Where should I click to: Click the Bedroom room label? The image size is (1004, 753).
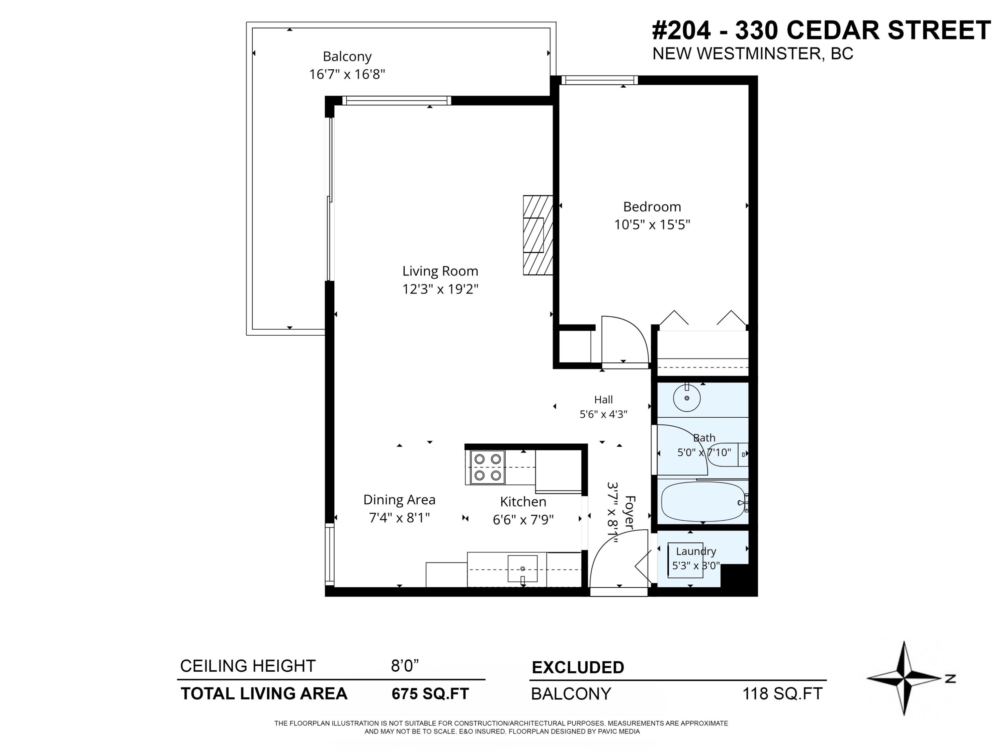pyautogui.click(x=652, y=207)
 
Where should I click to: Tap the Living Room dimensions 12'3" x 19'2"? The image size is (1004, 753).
pyautogui.click(x=440, y=289)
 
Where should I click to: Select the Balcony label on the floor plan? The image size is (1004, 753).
pyautogui.click(x=347, y=57)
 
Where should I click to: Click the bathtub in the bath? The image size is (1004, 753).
pyautogui.click(x=703, y=502)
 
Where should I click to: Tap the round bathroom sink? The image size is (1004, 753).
pyautogui.click(x=687, y=398)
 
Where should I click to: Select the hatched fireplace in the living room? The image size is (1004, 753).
pyautogui.click(x=538, y=235)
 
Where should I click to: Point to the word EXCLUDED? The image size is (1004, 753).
pyautogui.click(x=578, y=667)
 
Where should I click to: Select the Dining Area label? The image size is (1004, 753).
pyautogui.click(x=399, y=500)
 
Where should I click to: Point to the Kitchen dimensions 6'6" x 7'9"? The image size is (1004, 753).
pyautogui.click(x=523, y=520)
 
